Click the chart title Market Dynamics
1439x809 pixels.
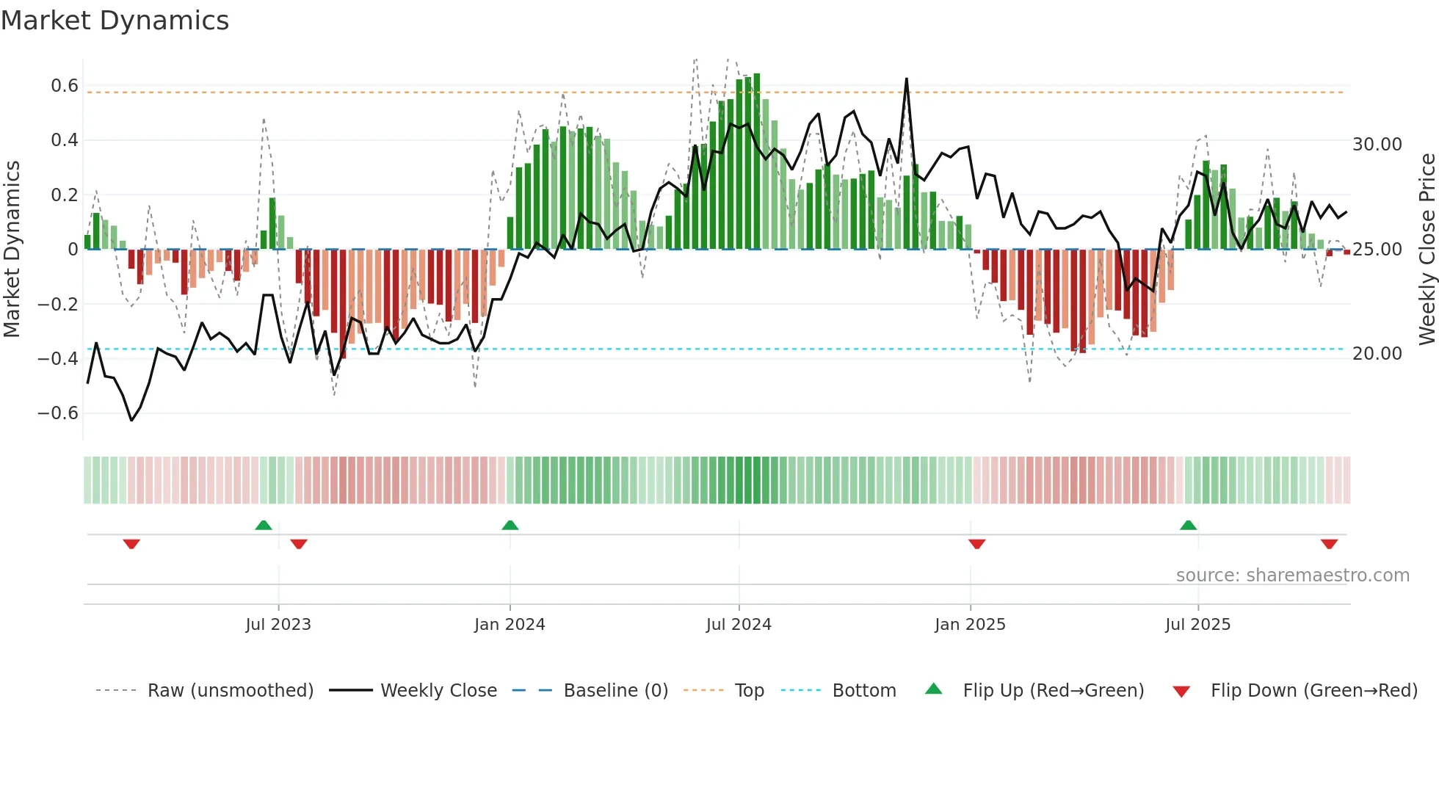[115, 21]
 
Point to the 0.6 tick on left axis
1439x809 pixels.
[64, 86]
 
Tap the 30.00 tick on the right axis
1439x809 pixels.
[1377, 145]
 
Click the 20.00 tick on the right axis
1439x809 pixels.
[1377, 354]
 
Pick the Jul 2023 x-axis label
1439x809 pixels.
[278, 625]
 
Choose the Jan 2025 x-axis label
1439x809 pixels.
[970, 625]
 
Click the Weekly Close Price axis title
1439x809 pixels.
[1427, 249]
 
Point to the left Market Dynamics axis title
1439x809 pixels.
[12, 249]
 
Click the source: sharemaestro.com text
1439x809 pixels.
[1292, 576]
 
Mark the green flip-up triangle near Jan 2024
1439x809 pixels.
[510, 525]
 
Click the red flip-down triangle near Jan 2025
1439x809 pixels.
[976, 544]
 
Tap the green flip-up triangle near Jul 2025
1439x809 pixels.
[1188, 525]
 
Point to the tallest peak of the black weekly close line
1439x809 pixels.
[907, 79]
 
